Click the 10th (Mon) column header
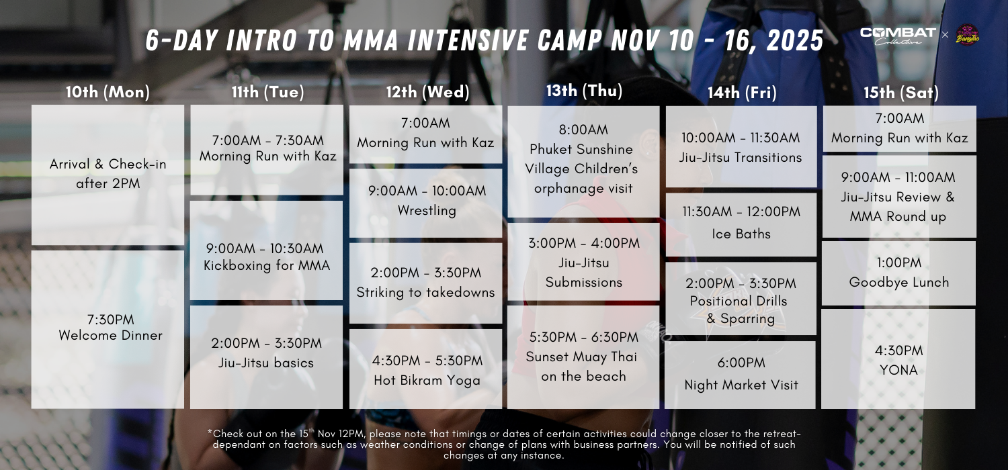click(108, 92)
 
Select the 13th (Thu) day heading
click(584, 91)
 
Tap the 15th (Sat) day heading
click(901, 93)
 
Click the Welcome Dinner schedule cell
click(108, 329)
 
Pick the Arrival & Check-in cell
click(108, 175)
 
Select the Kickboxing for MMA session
click(266, 250)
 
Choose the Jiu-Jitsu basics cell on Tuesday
click(266, 357)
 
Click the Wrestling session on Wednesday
click(425, 203)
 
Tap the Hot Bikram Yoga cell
click(425, 369)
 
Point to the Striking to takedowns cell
click(425, 283)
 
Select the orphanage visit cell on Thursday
click(584, 162)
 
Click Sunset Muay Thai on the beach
click(584, 357)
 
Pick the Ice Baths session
click(741, 224)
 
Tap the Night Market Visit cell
click(741, 375)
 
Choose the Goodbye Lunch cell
click(898, 273)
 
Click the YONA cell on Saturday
click(898, 359)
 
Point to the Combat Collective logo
click(898, 36)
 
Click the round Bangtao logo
click(968, 35)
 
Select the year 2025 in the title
click(795, 40)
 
